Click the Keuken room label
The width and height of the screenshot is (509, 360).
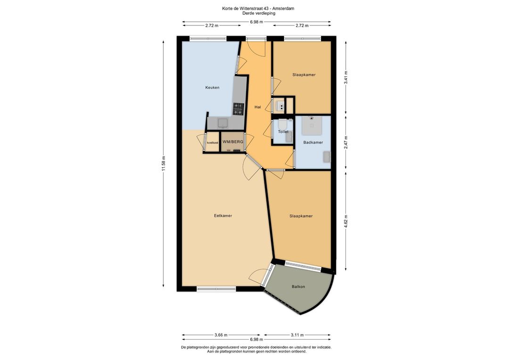point(212,87)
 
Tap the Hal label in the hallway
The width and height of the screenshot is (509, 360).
point(258,107)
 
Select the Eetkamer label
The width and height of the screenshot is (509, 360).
point(223,215)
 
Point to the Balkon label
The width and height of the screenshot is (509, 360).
point(298,286)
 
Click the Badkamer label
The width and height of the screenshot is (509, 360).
point(313,142)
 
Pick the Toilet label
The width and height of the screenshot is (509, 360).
point(283,131)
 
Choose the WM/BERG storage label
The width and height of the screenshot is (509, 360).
point(233,142)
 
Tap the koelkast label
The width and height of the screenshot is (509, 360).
point(213,142)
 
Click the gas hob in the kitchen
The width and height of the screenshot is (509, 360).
point(238,109)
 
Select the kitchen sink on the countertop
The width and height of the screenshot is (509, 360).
point(222,123)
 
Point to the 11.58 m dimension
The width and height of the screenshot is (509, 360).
point(164,164)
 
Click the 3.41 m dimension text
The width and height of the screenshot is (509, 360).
point(346,78)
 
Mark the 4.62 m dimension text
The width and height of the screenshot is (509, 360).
point(346,221)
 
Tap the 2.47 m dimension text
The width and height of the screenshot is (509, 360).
point(346,142)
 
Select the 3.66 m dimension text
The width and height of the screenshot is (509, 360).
point(221,335)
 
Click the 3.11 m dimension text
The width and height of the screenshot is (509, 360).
point(297,335)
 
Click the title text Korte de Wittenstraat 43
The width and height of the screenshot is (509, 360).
point(246,8)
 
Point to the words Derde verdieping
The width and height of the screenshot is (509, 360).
point(259,13)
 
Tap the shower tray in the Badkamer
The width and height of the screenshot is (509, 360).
point(312,125)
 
